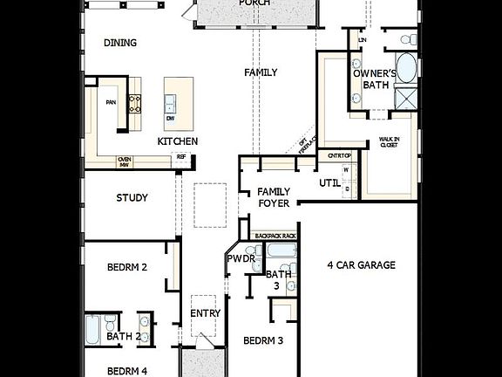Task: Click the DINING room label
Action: [121, 43]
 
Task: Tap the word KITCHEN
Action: [177, 141]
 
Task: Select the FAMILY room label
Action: [261, 72]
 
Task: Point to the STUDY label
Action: [132, 198]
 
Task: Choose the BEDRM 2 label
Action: [126, 267]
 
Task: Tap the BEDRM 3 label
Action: [262, 341]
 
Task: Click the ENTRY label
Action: [205, 313]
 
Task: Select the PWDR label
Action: [241, 259]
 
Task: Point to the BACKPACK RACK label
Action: [275, 236]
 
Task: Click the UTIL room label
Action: [329, 183]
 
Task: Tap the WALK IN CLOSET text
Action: [388, 142]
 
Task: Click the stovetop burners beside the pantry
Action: [136, 104]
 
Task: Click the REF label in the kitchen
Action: [181, 157]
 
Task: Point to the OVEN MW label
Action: [124, 161]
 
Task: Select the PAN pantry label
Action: [111, 101]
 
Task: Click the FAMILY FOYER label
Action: [274, 198]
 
